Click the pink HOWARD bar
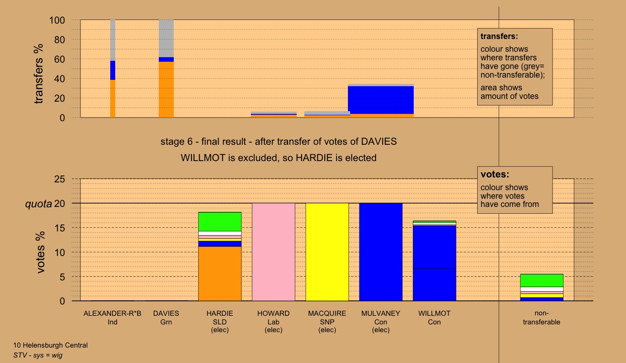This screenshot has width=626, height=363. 274,252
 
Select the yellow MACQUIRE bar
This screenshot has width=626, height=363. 327,252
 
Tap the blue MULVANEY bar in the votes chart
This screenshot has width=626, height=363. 381,252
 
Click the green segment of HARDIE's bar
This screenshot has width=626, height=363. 220,221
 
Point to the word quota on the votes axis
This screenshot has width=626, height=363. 38,204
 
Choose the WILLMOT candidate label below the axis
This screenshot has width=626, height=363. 434,314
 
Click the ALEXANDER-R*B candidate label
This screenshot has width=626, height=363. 112,314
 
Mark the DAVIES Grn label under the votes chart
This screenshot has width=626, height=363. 166,318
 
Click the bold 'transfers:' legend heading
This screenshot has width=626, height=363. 499,36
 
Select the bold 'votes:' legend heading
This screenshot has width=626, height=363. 495,175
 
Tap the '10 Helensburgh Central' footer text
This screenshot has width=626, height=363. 50,345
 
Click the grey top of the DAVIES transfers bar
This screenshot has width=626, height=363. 166,38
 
